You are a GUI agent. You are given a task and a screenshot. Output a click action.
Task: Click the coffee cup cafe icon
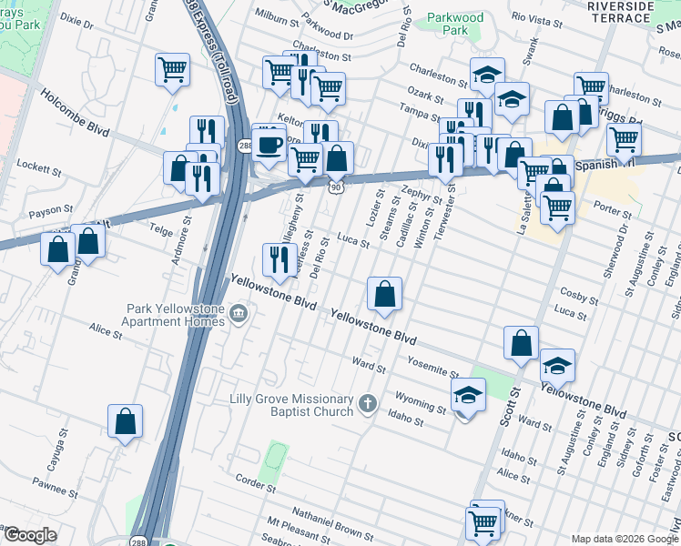[269, 145]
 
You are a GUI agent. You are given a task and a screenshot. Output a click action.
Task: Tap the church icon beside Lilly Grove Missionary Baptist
[367, 403]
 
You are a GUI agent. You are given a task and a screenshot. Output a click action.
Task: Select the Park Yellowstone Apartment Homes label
[175, 315]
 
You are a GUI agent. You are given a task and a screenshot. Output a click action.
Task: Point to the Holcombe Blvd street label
[74, 113]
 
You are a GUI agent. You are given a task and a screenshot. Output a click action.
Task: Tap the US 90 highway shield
[336, 186]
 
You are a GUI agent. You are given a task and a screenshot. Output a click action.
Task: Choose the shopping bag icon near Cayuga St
[126, 422]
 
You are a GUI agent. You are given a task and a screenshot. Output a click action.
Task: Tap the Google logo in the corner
[30, 535]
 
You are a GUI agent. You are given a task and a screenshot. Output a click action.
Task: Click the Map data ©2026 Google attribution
[623, 538]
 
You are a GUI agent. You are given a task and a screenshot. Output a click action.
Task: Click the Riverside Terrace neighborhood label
[620, 12]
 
